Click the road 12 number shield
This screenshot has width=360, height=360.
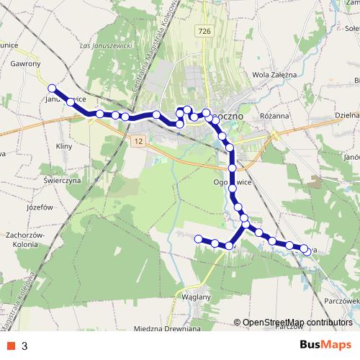click(x=138, y=142)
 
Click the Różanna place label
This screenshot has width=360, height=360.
click(x=274, y=114)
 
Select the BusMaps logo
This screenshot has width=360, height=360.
click(x=325, y=345)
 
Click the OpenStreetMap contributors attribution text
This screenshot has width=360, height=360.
click(x=297, y=323)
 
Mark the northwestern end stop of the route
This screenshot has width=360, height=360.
click(x=52, y=89)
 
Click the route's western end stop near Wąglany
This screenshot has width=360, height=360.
click(x=199, y=238)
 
